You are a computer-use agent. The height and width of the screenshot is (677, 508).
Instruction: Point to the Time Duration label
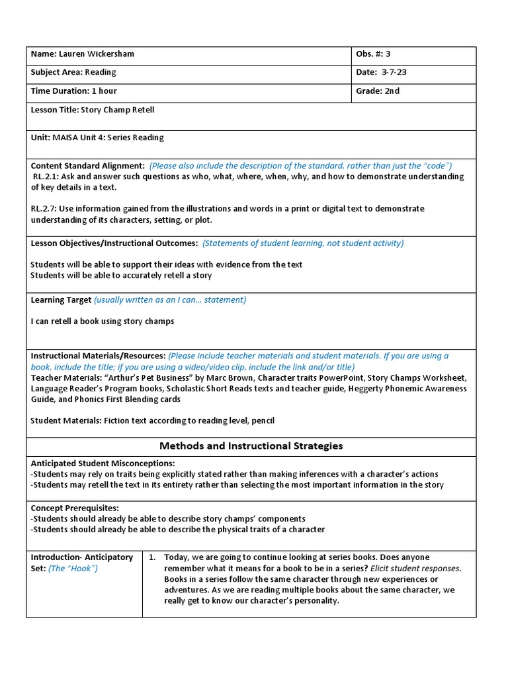[60, 91]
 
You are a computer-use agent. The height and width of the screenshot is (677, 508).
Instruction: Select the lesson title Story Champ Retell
[117, 110]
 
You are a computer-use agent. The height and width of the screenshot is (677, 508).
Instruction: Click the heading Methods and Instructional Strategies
[251, 446]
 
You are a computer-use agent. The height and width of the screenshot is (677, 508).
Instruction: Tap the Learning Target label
[61, 300]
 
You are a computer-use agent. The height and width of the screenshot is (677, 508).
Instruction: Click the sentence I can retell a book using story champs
[103, 321]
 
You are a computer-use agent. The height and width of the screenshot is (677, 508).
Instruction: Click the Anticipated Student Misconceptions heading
[103, 463]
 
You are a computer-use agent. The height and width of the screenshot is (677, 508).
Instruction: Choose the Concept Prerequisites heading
[75, 508]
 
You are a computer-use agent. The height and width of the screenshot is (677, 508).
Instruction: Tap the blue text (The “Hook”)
[73, 569]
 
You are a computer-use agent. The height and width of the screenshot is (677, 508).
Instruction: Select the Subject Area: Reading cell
[73, 73]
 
